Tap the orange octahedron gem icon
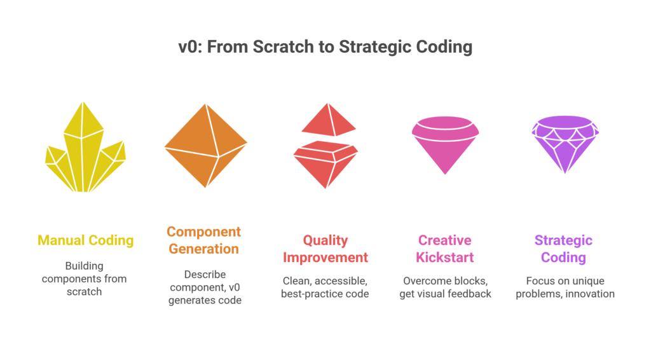205,146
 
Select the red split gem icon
325,146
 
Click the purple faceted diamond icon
565,144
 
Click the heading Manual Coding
85,240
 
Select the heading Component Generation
204,240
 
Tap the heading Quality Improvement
325,249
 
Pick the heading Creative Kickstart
445,249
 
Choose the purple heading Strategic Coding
563,249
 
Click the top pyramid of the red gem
329,120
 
